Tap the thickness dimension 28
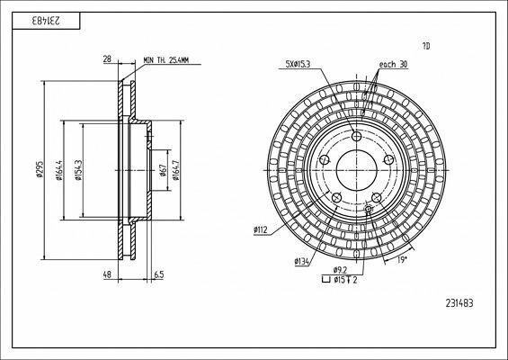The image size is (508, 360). tap(108, 59)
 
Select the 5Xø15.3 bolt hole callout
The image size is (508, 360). tap(299, 65)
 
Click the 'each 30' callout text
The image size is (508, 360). tap(393, 65)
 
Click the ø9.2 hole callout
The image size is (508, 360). tap(341, 269)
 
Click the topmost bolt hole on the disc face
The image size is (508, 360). tap(357, 138)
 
